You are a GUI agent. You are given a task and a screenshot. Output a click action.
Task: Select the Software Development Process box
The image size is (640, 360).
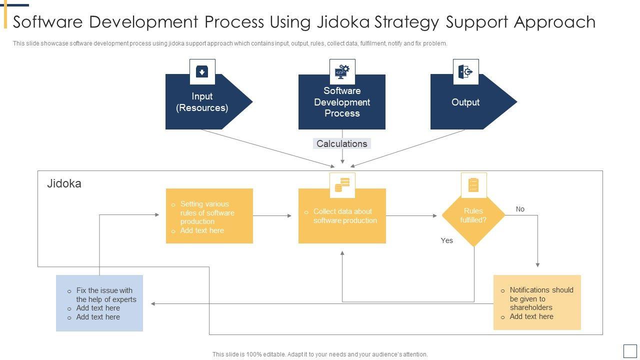point(342,101)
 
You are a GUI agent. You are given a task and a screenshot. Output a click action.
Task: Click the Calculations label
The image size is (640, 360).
point(342,143)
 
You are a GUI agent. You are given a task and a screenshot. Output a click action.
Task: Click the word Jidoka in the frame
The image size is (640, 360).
point(64,183)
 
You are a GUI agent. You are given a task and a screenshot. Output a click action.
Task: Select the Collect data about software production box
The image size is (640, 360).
point(342,215)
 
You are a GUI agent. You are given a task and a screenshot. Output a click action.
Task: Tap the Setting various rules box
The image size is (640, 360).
point(209,215)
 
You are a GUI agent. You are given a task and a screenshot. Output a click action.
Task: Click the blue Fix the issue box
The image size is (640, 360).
point(99,303)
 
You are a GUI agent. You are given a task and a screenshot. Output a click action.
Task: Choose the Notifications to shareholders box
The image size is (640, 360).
point(537,302)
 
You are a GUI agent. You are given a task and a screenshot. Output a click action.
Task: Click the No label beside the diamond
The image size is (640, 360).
point(520,209)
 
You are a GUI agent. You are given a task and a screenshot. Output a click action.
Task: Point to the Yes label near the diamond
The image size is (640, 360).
point(447,240)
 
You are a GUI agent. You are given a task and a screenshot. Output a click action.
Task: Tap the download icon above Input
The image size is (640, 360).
point(202,71)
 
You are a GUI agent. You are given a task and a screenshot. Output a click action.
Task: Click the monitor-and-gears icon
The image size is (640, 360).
point(342,71)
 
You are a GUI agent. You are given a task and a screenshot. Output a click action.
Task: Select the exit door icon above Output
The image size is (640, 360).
point(465,71)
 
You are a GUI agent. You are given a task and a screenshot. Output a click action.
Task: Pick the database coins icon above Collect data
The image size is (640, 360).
point(342,185)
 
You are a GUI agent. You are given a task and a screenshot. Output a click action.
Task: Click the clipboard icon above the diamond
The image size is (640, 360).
point(473,185)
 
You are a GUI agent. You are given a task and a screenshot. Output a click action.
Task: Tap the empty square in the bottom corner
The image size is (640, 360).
point(630,351)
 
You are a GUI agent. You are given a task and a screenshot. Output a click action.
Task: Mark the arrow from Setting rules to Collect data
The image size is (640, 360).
point(272,215)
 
